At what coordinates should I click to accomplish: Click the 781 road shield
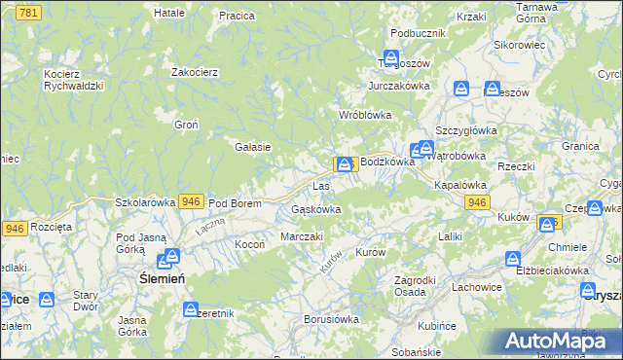point(29,12)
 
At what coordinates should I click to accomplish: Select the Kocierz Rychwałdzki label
point(73,79)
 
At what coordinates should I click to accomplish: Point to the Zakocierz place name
point(193,71)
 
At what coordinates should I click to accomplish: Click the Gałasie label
point(252,147)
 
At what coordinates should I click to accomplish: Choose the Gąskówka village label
point(316,209)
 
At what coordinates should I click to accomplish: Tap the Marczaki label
point(301,236)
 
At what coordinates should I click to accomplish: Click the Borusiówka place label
point(332,318)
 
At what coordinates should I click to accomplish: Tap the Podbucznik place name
point(418,33)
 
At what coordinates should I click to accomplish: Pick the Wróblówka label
point(364,115)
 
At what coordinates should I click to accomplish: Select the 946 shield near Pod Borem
point(192,201)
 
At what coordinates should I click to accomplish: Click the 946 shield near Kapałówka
point(476,201)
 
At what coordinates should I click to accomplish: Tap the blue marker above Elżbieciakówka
point(513,258)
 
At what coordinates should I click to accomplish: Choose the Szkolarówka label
point(145,202)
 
